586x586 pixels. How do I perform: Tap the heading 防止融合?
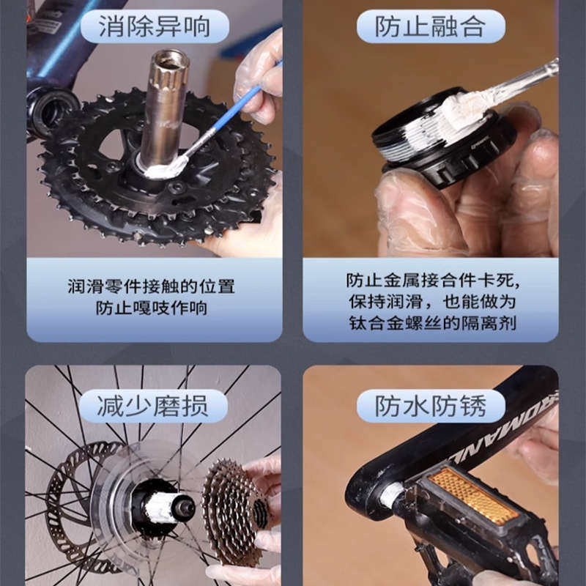point(431,26)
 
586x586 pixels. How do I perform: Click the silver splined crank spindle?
point(164,103)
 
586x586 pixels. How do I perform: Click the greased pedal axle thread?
point(391,495)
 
